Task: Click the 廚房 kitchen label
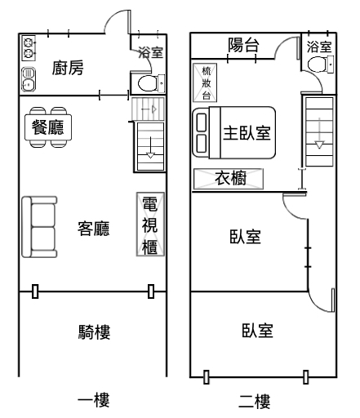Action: [68, 68]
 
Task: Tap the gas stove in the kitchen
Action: [29, 48]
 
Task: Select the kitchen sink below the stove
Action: [29, 79]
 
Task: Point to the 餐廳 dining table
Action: [48, 127]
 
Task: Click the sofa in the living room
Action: [39, 227]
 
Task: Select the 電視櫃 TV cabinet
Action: [150, 225]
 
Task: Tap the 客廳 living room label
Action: [94, 229]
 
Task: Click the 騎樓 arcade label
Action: [94, 332]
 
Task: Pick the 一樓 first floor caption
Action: [94, 400]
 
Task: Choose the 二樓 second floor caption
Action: [255, 402]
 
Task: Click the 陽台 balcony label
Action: [243, 45]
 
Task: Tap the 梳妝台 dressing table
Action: [205, 82]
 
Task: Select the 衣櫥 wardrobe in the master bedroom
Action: [229, 179]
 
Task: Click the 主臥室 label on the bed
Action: [247, 133]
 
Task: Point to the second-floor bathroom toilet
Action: [320, 64]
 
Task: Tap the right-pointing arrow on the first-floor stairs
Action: [149, 109]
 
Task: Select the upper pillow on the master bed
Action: [201, 122]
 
